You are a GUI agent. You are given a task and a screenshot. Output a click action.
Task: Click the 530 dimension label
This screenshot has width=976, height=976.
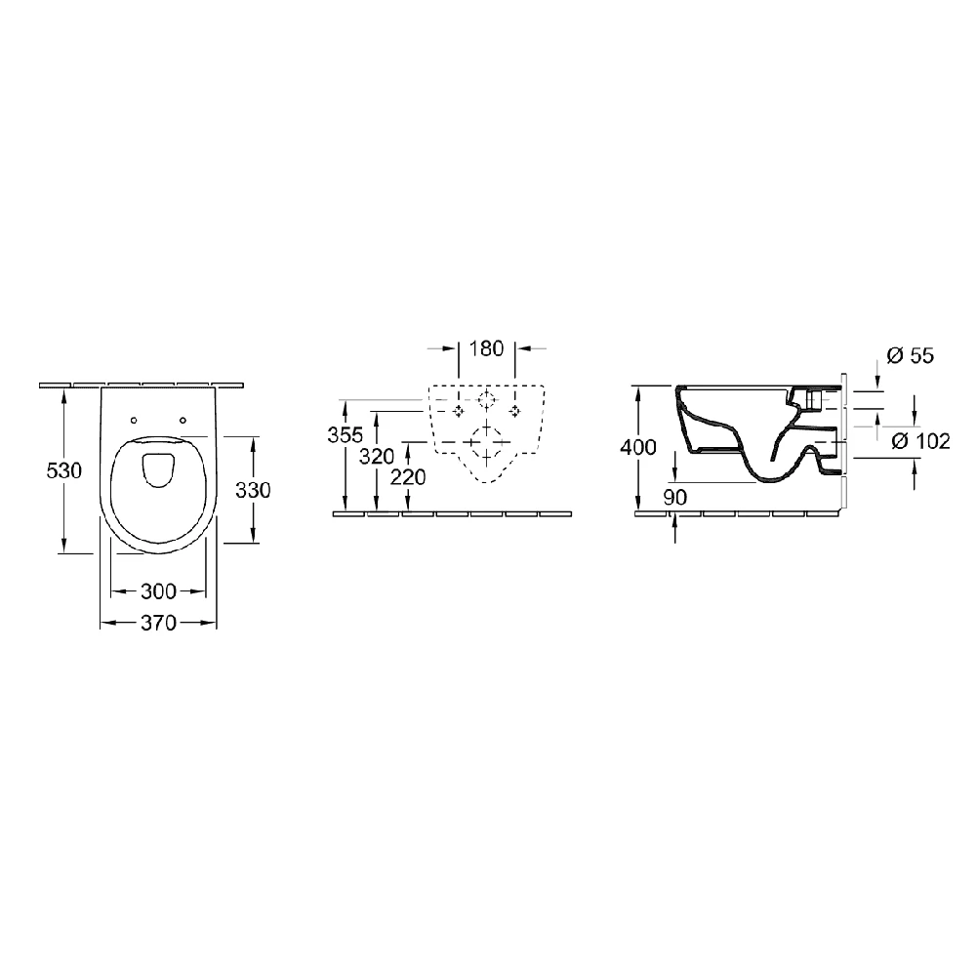[x=64, y=470]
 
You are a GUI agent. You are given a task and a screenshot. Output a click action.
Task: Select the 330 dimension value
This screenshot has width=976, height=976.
[x=253, y=490]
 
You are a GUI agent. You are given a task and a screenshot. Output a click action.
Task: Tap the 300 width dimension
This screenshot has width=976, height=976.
[x=158, y=590]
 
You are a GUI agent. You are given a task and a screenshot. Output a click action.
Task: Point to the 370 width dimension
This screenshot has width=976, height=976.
[x=158, y=623]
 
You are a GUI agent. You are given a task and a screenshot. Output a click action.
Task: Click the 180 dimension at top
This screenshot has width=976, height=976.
[x=486, y=348]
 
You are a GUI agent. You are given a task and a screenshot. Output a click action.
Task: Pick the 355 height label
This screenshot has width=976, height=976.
[x=345, y=435]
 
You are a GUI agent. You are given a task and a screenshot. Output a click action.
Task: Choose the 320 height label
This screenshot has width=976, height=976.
[x=377, y=456]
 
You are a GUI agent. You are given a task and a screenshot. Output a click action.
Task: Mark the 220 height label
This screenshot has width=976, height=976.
[x=408, y=477]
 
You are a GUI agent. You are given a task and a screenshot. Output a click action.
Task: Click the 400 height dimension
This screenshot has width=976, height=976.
[x=638, y=447]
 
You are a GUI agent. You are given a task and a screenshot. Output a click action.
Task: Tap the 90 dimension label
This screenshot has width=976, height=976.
[x=674, y=498]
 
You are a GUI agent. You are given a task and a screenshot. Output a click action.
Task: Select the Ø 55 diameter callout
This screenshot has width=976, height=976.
[x=910, y=355]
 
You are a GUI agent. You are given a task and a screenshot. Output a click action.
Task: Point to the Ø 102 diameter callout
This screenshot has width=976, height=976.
[x=920, y=441]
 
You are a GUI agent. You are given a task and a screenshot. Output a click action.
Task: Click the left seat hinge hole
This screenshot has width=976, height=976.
[x=134, y=421]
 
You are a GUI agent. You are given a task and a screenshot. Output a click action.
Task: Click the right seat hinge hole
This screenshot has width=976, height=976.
[x=183, y=421]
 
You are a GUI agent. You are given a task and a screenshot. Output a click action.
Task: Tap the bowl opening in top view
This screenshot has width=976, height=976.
[x=158, y=470]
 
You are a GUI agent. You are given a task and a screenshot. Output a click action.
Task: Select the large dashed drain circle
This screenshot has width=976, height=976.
[x=487, y=442]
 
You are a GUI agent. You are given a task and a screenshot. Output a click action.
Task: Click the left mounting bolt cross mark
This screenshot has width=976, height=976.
[x=459, y=411]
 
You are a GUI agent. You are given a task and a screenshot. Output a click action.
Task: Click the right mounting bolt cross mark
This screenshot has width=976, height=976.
[x=514, y=411]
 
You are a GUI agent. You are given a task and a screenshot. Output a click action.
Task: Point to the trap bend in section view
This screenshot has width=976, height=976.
[x=772, y=474]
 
